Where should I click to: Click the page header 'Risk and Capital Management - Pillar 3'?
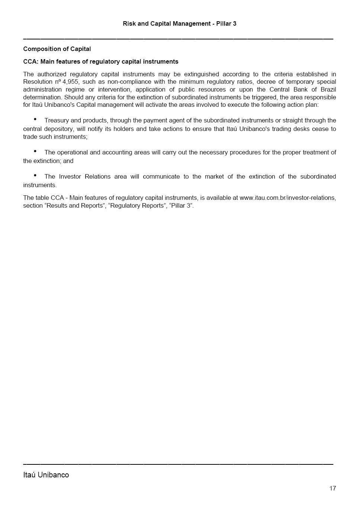point(180,24)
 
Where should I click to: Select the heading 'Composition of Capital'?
point(57,49)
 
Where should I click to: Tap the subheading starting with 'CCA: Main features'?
point(101,62)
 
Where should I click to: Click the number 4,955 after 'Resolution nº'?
point(70,82)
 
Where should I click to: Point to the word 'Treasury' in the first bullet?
point(57,121)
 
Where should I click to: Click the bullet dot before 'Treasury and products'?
point(35,119)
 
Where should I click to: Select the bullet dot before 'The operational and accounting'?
point(35,151)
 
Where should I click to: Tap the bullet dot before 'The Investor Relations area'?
point(35,175)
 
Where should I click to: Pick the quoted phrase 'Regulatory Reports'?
point(137,206)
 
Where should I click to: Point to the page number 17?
point(332,488)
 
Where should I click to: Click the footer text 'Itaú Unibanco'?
point(46,475)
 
